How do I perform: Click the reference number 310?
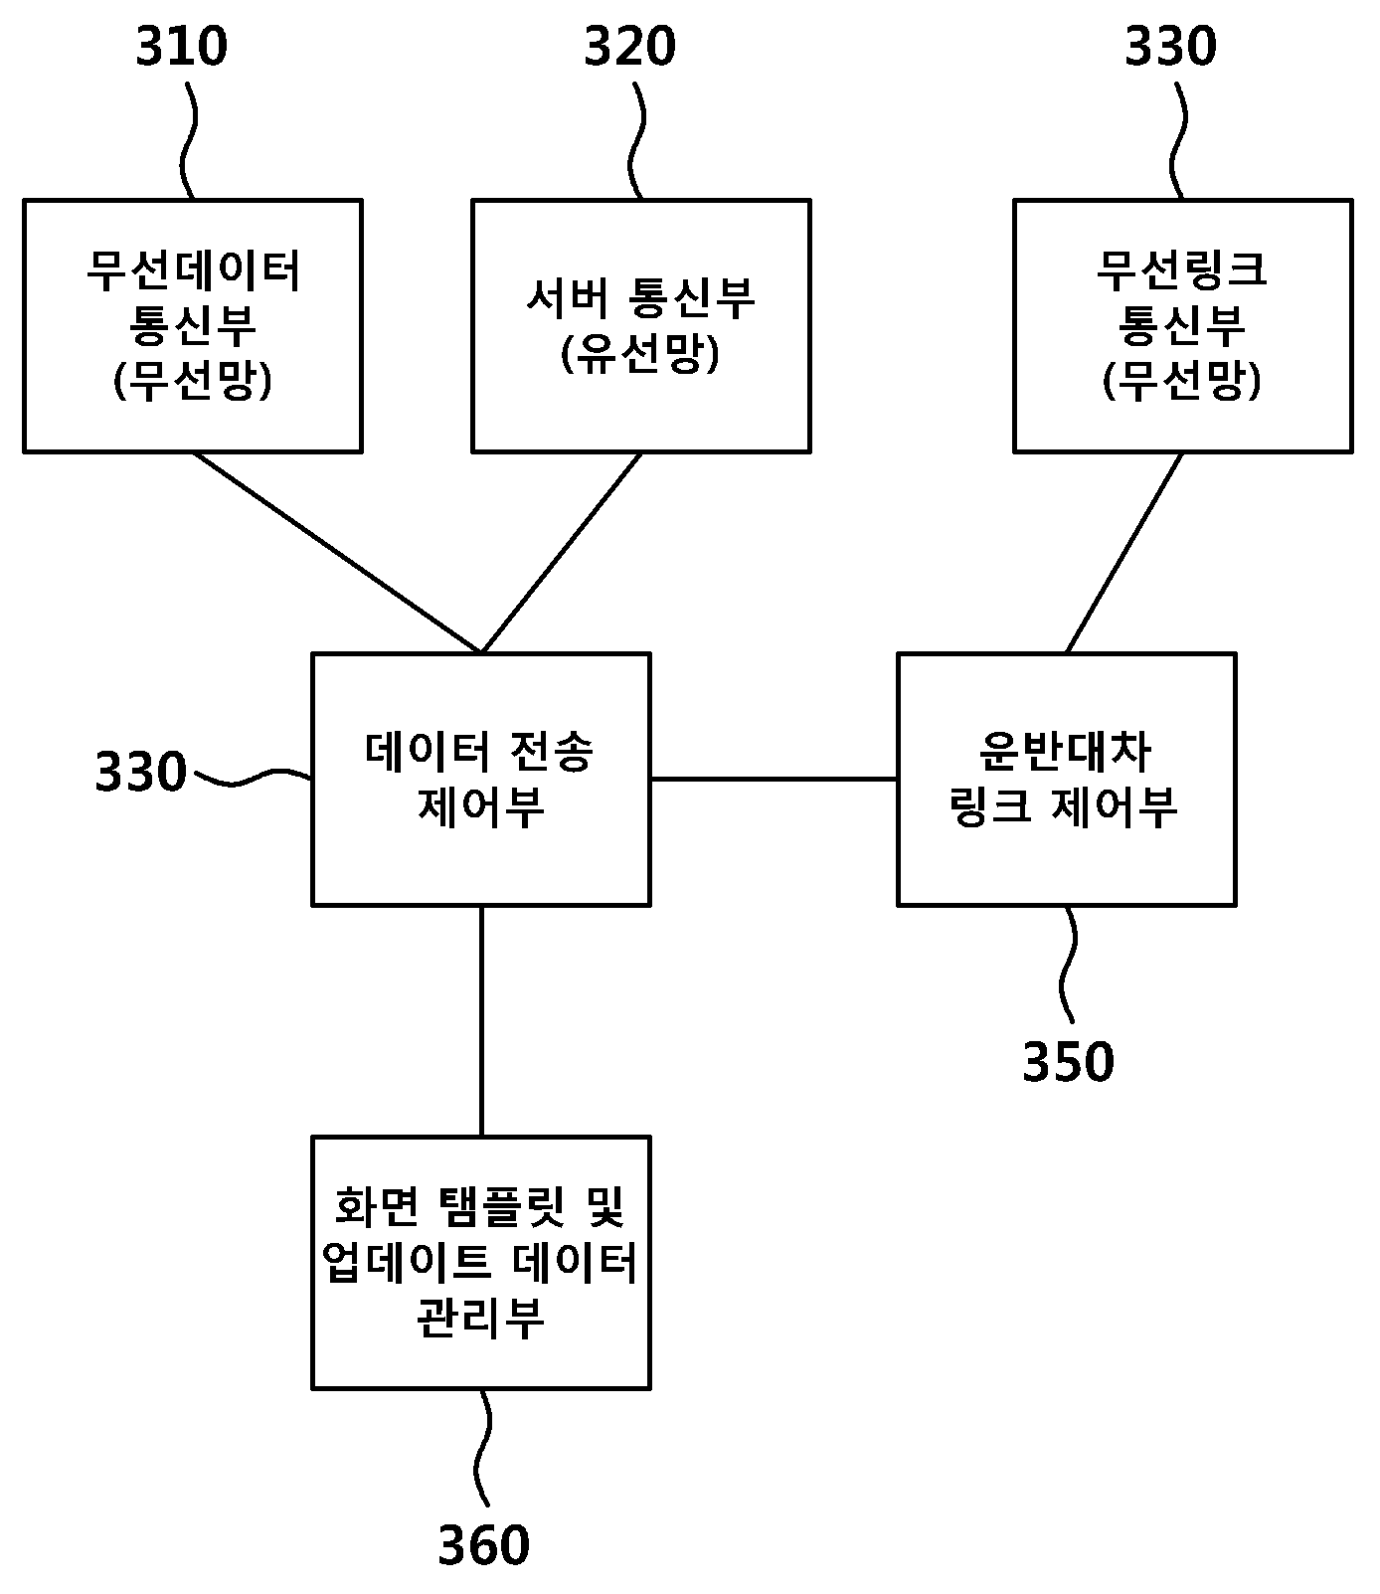coord(181,47)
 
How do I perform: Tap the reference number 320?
coord(629,47)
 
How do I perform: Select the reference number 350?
coord(1069,1062)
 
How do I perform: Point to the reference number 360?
coord(484,1545)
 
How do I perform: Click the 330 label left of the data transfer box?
coord(141,773)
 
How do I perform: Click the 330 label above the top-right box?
coord(1170,47)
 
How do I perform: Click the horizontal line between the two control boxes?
coord(775,779)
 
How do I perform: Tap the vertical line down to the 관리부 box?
coord(482,1021)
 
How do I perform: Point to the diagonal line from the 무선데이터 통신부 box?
coord(337,553)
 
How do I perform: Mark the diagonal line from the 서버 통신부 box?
coord(562,553)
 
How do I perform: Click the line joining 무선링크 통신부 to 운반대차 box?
coord(1124,553)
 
